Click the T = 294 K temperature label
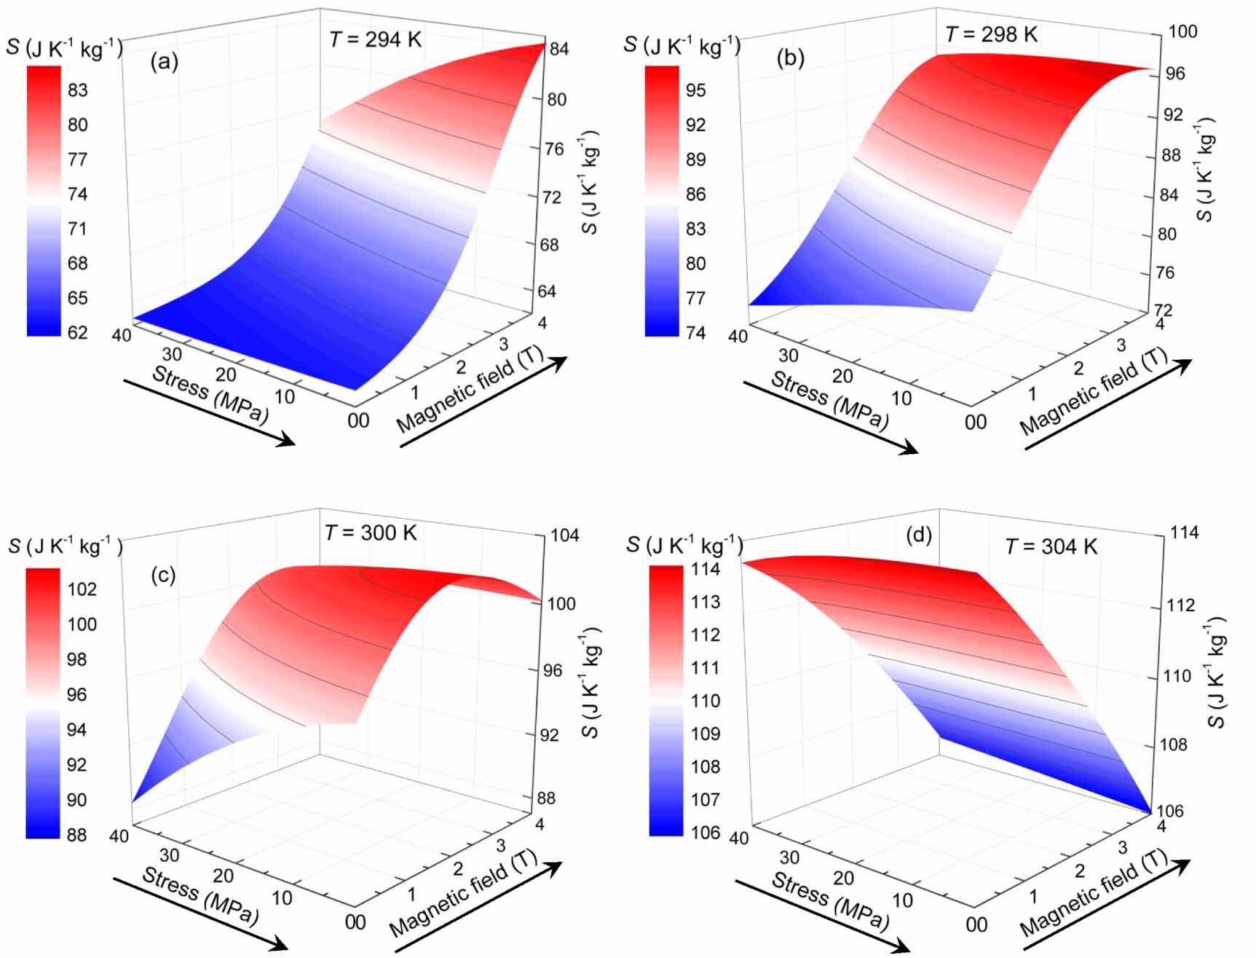pos(375,39)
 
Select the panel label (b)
pos(791,58)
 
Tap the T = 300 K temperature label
pos(371,533)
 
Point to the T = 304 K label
pos(1051,546)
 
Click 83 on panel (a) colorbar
pos(77,90)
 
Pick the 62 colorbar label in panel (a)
pos(77,333)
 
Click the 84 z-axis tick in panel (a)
pos(558,50)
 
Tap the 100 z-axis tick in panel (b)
pos(1182,31)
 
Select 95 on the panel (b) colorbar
pos(695,90)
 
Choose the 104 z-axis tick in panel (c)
pos(564,535)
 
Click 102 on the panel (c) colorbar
pos(82,589)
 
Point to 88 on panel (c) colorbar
pos(76,835)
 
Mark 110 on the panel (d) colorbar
pos(705,701)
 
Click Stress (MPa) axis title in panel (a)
pos(210,394)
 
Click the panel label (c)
pos(163,575)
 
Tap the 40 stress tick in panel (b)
pos(738,337)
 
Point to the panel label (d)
pos(919,535)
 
